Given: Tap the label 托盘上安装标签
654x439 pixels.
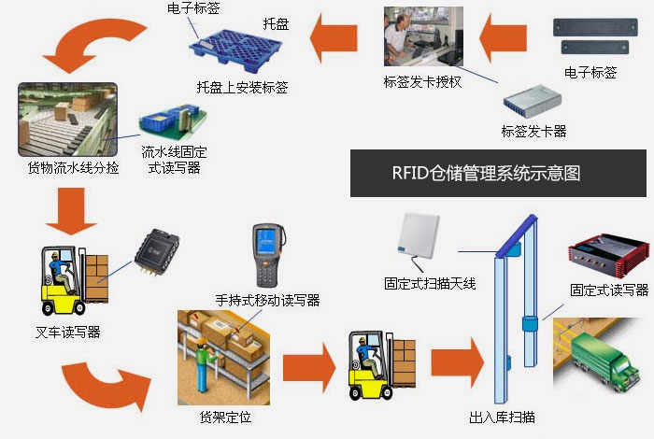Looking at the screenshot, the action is click(242, 88).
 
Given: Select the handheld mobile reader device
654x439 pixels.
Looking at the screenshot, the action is click(268, 255).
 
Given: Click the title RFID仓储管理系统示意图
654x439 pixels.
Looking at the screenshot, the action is click(486, 173).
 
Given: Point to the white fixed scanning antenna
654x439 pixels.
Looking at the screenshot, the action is click(419, 237).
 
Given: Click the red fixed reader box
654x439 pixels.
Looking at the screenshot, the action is click(608, 255).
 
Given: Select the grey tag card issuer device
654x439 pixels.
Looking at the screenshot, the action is click(533, 101).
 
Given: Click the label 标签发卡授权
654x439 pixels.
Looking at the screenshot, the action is click(422, 81).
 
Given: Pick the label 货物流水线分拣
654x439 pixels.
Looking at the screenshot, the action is click(73, 167).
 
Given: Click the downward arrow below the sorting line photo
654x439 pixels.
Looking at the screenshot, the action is click(71, 210).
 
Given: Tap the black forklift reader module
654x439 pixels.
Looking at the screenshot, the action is click(157, 252).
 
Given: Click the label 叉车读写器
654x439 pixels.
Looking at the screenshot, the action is click(68, 332).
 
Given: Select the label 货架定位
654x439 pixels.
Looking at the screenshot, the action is click(225, 417).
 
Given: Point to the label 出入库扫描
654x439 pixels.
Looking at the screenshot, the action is click(502, 417).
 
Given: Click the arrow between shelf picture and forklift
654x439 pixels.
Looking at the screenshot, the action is click(309, 368).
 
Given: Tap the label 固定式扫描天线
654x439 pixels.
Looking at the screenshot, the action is click(430, 284).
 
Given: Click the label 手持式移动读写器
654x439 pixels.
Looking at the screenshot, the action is click(267, 300).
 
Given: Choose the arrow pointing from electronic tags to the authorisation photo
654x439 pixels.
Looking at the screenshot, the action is click(503, 38).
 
